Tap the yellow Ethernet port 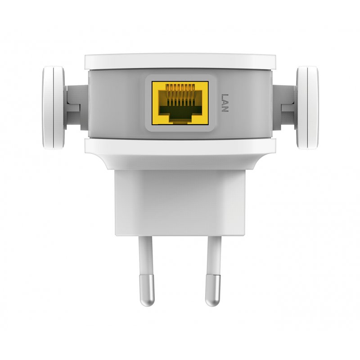click(180, 103)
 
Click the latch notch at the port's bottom click(180, 119)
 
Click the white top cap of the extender click(180, 61)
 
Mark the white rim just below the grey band click(180, 146)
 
